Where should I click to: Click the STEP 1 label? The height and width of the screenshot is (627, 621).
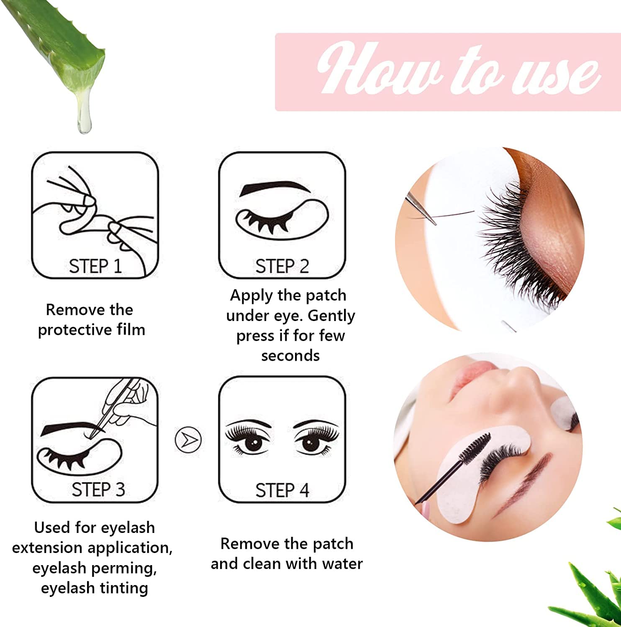95,266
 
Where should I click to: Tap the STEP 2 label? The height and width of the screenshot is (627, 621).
282,266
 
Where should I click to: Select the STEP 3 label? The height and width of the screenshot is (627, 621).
98,489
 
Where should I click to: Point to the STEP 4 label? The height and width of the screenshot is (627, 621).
282,490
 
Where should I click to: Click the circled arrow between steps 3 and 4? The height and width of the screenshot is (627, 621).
188,439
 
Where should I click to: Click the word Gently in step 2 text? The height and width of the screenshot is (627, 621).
331,316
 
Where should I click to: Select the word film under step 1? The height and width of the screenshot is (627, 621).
131,330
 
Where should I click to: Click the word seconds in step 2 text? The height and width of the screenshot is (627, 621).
290,356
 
